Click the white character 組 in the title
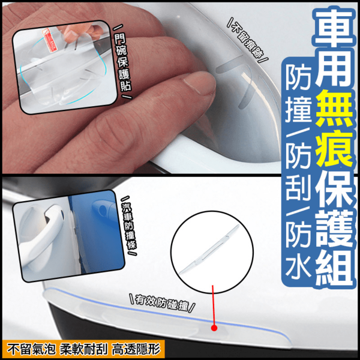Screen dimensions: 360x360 pyautogui.click(x=334, y=268)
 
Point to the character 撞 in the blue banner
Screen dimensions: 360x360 pyautogui.click(x=298, y=109)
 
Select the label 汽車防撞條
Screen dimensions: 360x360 pyautogui.click(x=130, y=226)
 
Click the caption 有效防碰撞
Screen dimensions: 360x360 pyautogui.click(x=162, y=303)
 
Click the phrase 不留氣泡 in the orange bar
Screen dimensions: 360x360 pyautogui.click(x=31, y=350)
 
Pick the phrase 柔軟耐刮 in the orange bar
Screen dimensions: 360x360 pyautogui.click(x=84, y=350)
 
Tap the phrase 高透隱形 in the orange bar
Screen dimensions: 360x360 pyautogui.click(x=136, y=350)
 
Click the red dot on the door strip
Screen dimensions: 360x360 pyautogui.click(x=214, y=328)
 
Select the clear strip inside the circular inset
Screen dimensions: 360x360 pyautogui.click(x=209, y=250)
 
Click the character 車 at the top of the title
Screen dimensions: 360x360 pyautogui.click(x=334, y=28)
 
